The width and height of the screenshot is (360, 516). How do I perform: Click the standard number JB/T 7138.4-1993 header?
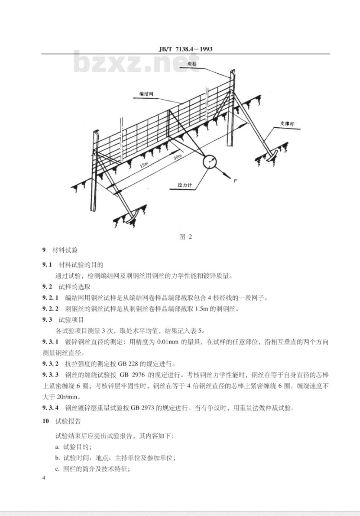[x=185, y=49]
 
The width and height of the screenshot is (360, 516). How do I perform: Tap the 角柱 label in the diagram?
[x=192, y=64]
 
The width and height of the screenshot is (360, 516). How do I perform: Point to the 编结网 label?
[x=147, y=94]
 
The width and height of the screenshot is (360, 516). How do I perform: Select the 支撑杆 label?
[x=287, y=124]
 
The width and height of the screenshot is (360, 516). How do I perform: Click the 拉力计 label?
[x=185, y=185]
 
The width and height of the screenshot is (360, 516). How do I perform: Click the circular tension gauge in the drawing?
[x=210, y=162]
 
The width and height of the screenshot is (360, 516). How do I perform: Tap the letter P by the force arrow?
[x=235, y=181]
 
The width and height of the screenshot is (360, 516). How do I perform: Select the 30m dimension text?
[x=178, y=157]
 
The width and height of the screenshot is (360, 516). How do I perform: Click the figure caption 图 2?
[x=185, y=237]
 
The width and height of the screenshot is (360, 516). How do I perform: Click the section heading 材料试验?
[x=65, y=250]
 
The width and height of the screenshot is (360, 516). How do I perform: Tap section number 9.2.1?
[x=50, y=298]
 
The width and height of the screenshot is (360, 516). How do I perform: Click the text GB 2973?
[x=143, y=408]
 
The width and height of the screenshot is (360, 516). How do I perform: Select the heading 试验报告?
[x=68, y=421]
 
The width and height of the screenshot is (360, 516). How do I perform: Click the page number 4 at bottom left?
[x=44, y=477]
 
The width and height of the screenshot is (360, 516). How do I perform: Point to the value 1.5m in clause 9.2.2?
[x=202, y=309]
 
